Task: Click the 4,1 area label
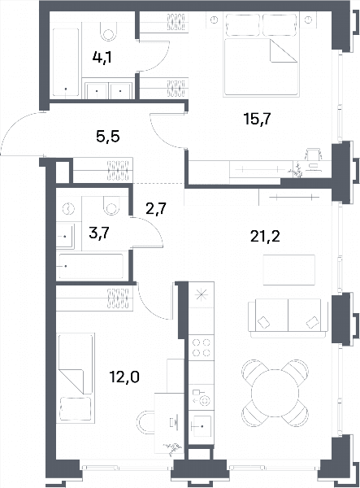click(102, 58)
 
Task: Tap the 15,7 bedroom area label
click(258, 119)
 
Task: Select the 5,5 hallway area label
click(108, 137)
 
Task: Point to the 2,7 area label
click(157, 208)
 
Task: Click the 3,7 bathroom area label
click(99, 233)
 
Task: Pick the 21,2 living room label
click(265, 237)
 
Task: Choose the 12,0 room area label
click(124, 377)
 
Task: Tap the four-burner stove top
click(202, 347)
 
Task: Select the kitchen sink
click(201, 426)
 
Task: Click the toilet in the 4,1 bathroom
click(109, 31)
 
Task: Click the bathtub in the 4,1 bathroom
click(66, 63)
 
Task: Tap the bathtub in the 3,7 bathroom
click(91, 267)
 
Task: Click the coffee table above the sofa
click(289, 270)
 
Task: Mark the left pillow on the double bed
click(242, 24)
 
